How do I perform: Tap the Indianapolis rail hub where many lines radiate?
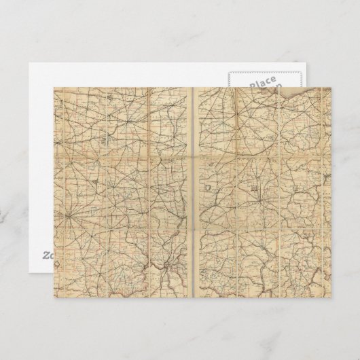pyautogui.click(x=70, y=217)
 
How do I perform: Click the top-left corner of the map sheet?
pyautogui.click(x=54, y=87)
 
